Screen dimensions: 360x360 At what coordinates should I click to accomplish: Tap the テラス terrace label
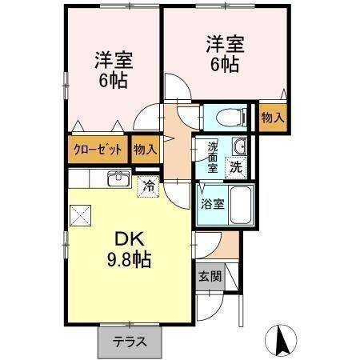[x=129, y=342]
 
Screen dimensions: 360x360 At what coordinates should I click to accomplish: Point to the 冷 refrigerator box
[x=148, y=186]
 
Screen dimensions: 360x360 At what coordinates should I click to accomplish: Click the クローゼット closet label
[x=98, y=150]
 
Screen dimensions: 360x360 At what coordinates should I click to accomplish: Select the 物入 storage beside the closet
[x=145, y=150]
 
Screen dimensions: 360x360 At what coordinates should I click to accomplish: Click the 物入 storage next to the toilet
[x=272, y=118]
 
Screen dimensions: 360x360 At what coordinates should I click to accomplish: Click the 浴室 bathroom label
[x=213, y=203]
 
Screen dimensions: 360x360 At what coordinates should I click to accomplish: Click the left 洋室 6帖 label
[x=113, y=70]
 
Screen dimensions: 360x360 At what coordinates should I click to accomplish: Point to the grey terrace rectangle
[x=129, y=342]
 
